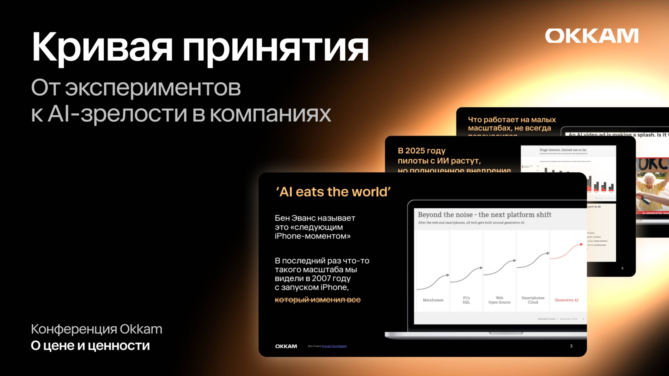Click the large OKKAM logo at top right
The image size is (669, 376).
591,36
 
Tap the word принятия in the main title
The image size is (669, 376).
275,48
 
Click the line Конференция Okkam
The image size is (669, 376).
96,329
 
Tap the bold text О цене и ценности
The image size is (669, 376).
90,346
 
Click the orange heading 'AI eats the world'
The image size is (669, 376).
333,192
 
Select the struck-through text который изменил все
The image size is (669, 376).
317,300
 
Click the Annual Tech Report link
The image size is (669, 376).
334,346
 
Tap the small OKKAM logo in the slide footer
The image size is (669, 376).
286,346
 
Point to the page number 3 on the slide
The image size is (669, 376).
571,346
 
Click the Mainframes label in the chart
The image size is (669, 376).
433,300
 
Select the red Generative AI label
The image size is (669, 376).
566,300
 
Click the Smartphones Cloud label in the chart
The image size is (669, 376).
533,300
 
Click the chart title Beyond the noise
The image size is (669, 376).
484,215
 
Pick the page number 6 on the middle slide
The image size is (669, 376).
622,268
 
